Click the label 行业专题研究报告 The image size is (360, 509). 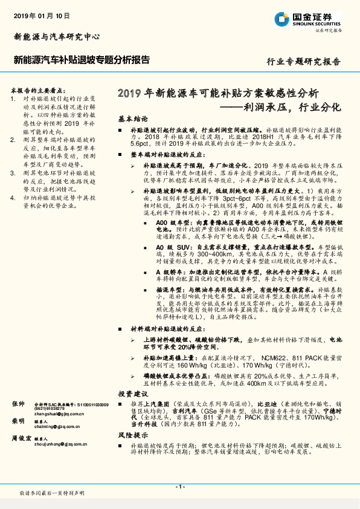pos(303,62)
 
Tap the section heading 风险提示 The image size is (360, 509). pos(133,435)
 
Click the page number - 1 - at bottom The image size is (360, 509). pos(179,487)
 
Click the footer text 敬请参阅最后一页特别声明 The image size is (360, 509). pos(51,494)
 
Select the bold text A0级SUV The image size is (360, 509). pos(170,247)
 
